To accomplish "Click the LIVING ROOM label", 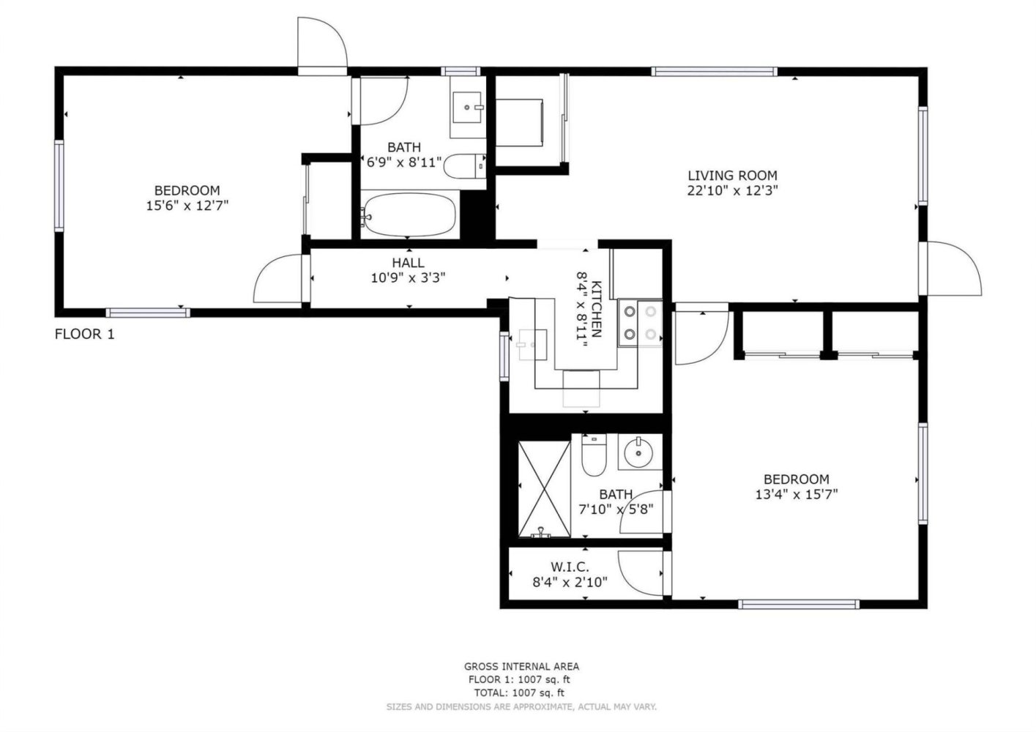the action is coord(732,176).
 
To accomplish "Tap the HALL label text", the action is coord(408,263).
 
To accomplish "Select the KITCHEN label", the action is coord(597,309).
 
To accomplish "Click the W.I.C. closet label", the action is coord(570,567).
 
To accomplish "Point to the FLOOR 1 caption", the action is coord(85,334).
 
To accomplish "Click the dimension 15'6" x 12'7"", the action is coord(187,205).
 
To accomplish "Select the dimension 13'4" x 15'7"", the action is coord(797,494).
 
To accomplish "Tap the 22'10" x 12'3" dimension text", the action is coord(733,190).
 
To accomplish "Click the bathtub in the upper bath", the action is coord(408,215).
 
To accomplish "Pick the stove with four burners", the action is coord(641,324).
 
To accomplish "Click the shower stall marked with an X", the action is coord(545,489).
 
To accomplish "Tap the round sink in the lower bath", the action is coord(640,452).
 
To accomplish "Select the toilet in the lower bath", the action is coord(594,455).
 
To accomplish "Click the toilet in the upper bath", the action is coord(464,166).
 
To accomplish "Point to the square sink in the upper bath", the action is coord(467,108).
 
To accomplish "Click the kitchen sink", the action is coord(533,345).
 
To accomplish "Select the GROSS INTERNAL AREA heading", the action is coord(521,666).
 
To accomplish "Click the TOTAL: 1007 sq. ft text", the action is coord(519,692).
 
